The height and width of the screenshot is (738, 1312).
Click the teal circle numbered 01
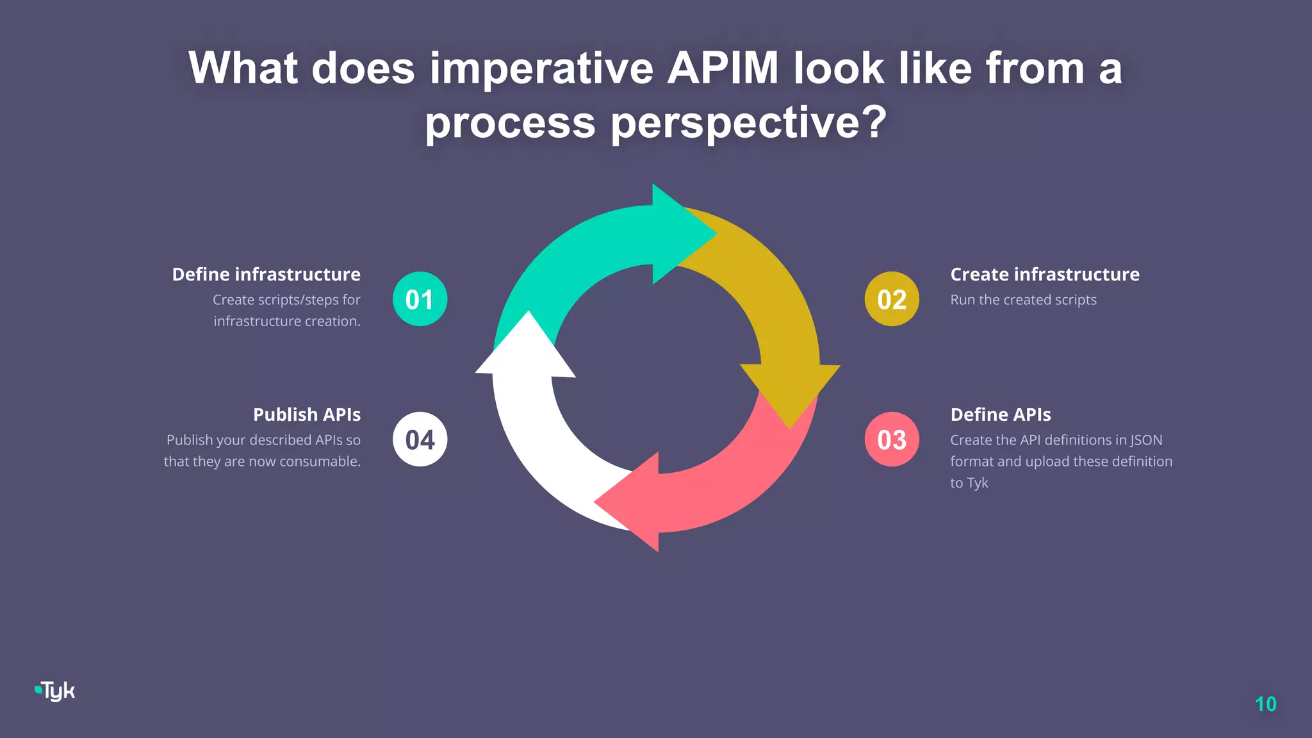(420, 299)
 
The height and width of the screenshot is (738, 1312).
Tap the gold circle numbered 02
(892, 299)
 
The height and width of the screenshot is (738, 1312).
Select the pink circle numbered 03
(892, 439)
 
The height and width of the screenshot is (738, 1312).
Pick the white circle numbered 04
(420, 439)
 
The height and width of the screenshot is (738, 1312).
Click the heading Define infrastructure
(266, 274)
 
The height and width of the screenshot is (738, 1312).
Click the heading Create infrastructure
(1044, 274)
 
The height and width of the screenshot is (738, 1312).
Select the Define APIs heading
(1000, 414)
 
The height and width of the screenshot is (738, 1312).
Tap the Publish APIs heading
(307, 414)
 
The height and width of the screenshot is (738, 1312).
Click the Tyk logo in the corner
(55, 691)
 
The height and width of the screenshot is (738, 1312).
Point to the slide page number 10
(1265, 704)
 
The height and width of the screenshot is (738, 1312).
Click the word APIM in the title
(723, 68)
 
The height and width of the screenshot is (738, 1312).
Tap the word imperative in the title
(541, 68)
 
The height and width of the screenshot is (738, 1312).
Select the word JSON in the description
(1145, 440)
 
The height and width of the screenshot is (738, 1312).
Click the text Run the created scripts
(1023, 300)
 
